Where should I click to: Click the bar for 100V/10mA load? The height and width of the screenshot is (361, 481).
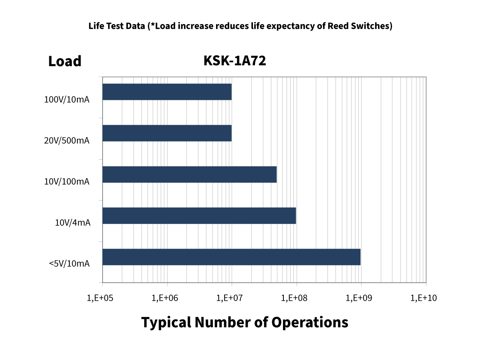[167, 92]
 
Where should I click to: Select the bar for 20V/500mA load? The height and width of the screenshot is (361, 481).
[167, 133]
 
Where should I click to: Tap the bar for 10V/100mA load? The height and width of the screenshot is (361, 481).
[190, 174]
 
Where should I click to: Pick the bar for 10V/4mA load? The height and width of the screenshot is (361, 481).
[199, 216]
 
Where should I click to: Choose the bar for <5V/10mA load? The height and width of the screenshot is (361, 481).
[232, 257]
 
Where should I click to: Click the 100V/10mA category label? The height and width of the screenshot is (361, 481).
[67, 99]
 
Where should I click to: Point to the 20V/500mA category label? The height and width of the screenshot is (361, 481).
[67, 141]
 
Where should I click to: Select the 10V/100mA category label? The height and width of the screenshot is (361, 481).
[67, 182]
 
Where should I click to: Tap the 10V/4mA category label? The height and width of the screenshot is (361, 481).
[73, 222]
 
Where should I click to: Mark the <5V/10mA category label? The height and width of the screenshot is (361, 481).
[69, 264]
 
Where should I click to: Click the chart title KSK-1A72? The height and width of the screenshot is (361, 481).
[235, 61]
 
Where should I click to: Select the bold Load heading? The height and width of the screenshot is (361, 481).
[65, 61]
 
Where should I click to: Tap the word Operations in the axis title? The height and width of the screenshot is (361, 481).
[309, 322]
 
